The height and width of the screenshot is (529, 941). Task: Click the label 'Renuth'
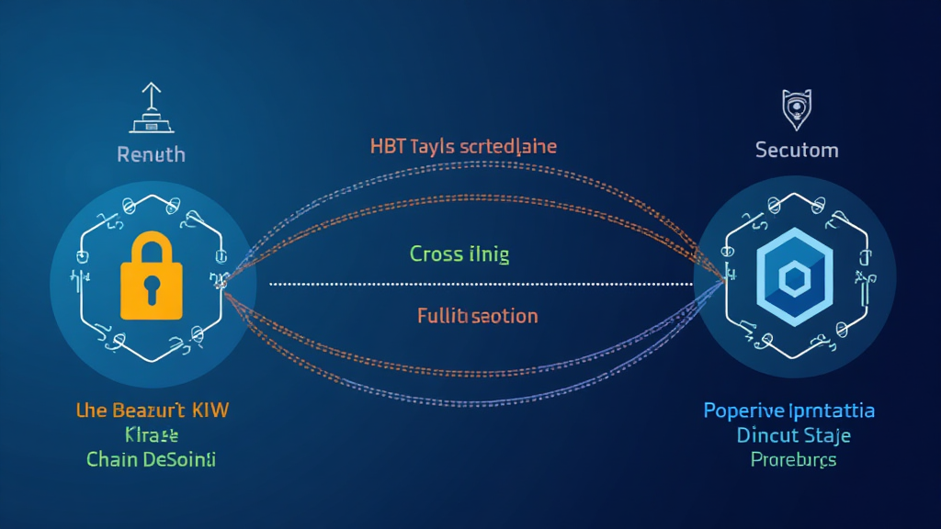(151, 154)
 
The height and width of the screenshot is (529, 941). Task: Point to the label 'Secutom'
(796, 149)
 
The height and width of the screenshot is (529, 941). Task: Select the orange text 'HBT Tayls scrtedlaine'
(463, 146)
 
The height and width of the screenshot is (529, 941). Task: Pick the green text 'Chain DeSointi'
(151, 459)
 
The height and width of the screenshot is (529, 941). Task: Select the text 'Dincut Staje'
(793, 434)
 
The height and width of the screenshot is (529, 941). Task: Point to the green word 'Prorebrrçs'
(793, 459)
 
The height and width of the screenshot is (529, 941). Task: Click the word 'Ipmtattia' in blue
(833, 411)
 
